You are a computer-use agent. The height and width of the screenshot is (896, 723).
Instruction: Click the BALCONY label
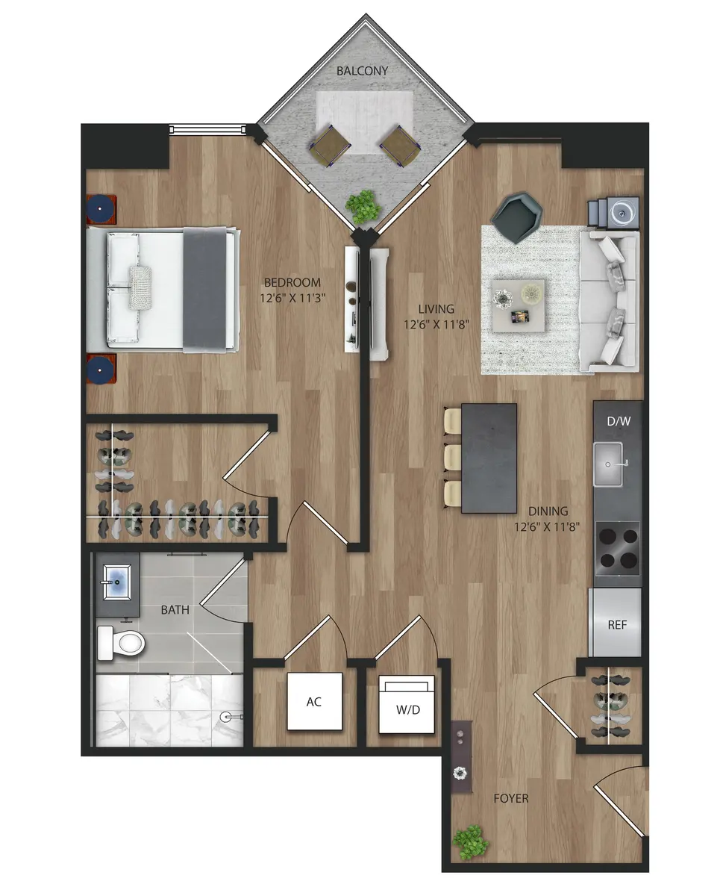tap(363, 71)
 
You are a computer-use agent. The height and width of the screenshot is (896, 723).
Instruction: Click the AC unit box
tap(315, 702)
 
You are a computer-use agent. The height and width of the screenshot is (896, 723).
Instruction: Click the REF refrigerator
tap(616, 623)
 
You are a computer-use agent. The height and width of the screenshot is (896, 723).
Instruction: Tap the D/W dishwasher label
tap(618, 421)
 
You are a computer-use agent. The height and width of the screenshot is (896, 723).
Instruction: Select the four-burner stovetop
tap(617, 548)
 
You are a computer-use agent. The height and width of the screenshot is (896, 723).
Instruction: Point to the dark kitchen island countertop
tap(489, 458)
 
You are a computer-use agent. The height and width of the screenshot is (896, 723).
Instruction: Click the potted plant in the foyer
tap(471, 841)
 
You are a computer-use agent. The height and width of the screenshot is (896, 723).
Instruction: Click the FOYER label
tap(511, 798)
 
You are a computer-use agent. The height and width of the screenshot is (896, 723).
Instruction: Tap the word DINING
tap(548, 511)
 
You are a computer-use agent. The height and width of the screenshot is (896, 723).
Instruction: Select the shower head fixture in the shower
tap(229, 716)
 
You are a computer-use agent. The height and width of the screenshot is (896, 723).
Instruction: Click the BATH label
tap(175, 609)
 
